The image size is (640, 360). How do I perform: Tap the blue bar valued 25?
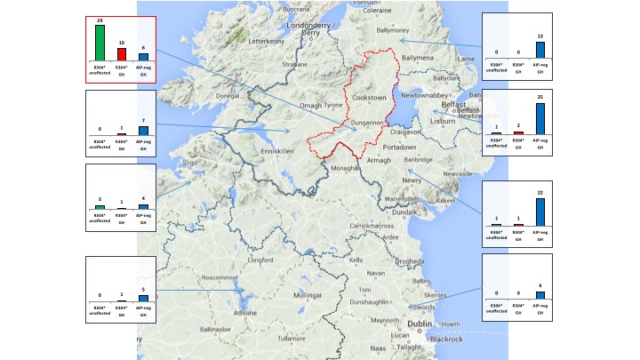[540, 118]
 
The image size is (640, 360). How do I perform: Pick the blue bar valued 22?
[540, 212]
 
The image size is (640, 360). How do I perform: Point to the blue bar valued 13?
[540, 49]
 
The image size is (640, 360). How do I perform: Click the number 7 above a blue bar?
[143, 120]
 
